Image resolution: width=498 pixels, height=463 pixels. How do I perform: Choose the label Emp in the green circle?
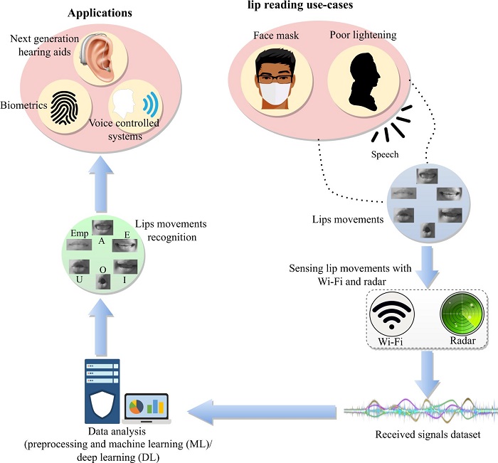point(79,233)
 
